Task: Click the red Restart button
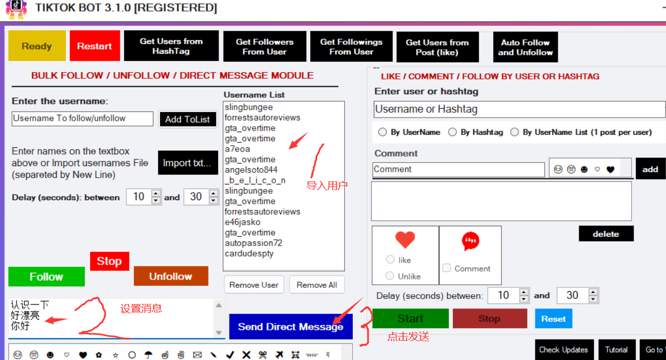tap(95, 46)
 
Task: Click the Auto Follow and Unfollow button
tap(525, 47)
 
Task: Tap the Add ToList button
tap(188, 119)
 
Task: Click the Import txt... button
tap(188, 162)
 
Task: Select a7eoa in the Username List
tap(237, 149)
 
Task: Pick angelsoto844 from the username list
tap(251, 170)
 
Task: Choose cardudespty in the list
tap(249, 253)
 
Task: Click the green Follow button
tap(47, 276)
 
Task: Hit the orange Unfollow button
tap(171, 276)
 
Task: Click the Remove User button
tap(254, 285)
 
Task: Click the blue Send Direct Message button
tap(291, 327)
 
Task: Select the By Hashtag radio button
tap(452, 132)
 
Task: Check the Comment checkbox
tap(446, 268)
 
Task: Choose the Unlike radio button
tap(390, 275)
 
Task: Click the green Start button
tap(410, 318)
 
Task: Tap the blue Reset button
tap(553, 319)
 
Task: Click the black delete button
tap(606, 234)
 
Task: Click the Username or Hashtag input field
tap(519, 109)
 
